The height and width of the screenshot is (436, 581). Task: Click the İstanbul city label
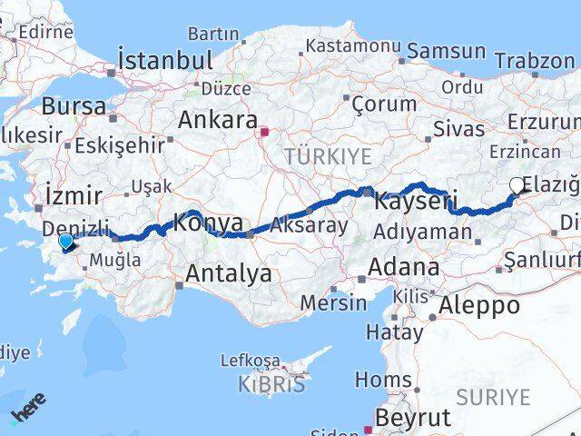[165, 61]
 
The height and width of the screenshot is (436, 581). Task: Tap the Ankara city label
[217, 120]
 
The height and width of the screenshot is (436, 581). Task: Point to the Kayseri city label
[414, 201]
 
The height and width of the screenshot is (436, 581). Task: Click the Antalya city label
[229, 272]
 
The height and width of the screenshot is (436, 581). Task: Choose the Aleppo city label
[478, 305]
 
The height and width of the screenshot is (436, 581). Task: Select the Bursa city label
[74, 105]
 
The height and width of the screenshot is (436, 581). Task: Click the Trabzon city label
[536, 62]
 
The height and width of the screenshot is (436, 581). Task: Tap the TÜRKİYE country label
[328, 157]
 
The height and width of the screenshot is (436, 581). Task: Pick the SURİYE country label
[493, 396]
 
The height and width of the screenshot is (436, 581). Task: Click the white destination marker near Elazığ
[517, 186]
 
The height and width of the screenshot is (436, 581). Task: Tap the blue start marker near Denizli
[66, 241]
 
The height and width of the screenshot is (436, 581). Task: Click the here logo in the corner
[27, 413]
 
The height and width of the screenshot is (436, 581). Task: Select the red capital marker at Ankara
[264, 132]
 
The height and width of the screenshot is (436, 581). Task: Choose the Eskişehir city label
[119, 144]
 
